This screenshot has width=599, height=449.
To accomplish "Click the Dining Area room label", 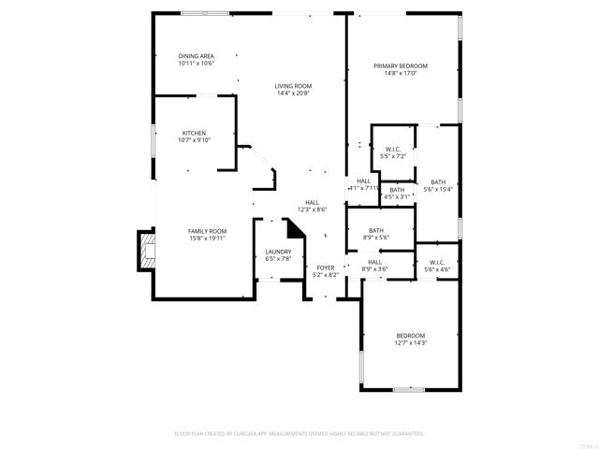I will point(197,56).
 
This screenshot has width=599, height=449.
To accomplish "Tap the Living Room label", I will point(293,85).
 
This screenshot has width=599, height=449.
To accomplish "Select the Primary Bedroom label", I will point(401,66).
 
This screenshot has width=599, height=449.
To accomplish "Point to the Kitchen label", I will point(194,133).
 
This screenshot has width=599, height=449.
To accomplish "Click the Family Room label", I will point(207,231).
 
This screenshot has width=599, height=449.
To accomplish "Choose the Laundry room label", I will point(278,252).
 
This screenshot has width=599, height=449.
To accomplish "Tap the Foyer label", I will point(325,268).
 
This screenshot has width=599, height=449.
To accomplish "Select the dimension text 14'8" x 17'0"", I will point(401,75).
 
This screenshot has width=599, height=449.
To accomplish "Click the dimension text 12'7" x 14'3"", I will point(410,343).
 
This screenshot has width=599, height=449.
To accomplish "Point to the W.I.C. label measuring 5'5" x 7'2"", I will point(393,149).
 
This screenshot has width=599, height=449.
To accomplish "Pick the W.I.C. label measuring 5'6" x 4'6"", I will point(437,262).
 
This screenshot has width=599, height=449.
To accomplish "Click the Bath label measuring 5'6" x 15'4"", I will point(438,181).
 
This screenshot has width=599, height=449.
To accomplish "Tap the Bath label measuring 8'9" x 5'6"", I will point(375,231).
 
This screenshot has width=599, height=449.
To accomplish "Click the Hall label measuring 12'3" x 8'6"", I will point(313,202).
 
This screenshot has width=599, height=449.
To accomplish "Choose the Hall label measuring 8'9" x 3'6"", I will point(374,262).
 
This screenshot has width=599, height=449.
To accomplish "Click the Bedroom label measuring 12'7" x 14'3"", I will point(410,336).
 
